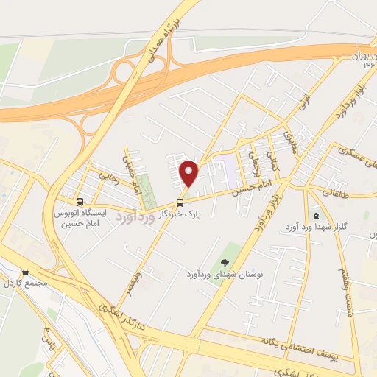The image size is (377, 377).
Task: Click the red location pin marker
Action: click(189, 173)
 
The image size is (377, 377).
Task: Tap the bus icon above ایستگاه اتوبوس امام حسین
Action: click(80, 201)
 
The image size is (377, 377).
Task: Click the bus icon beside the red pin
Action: click(180, 202)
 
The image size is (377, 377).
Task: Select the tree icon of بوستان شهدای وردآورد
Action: click(224, 262)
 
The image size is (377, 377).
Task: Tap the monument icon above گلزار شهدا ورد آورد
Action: click(317, 216)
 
